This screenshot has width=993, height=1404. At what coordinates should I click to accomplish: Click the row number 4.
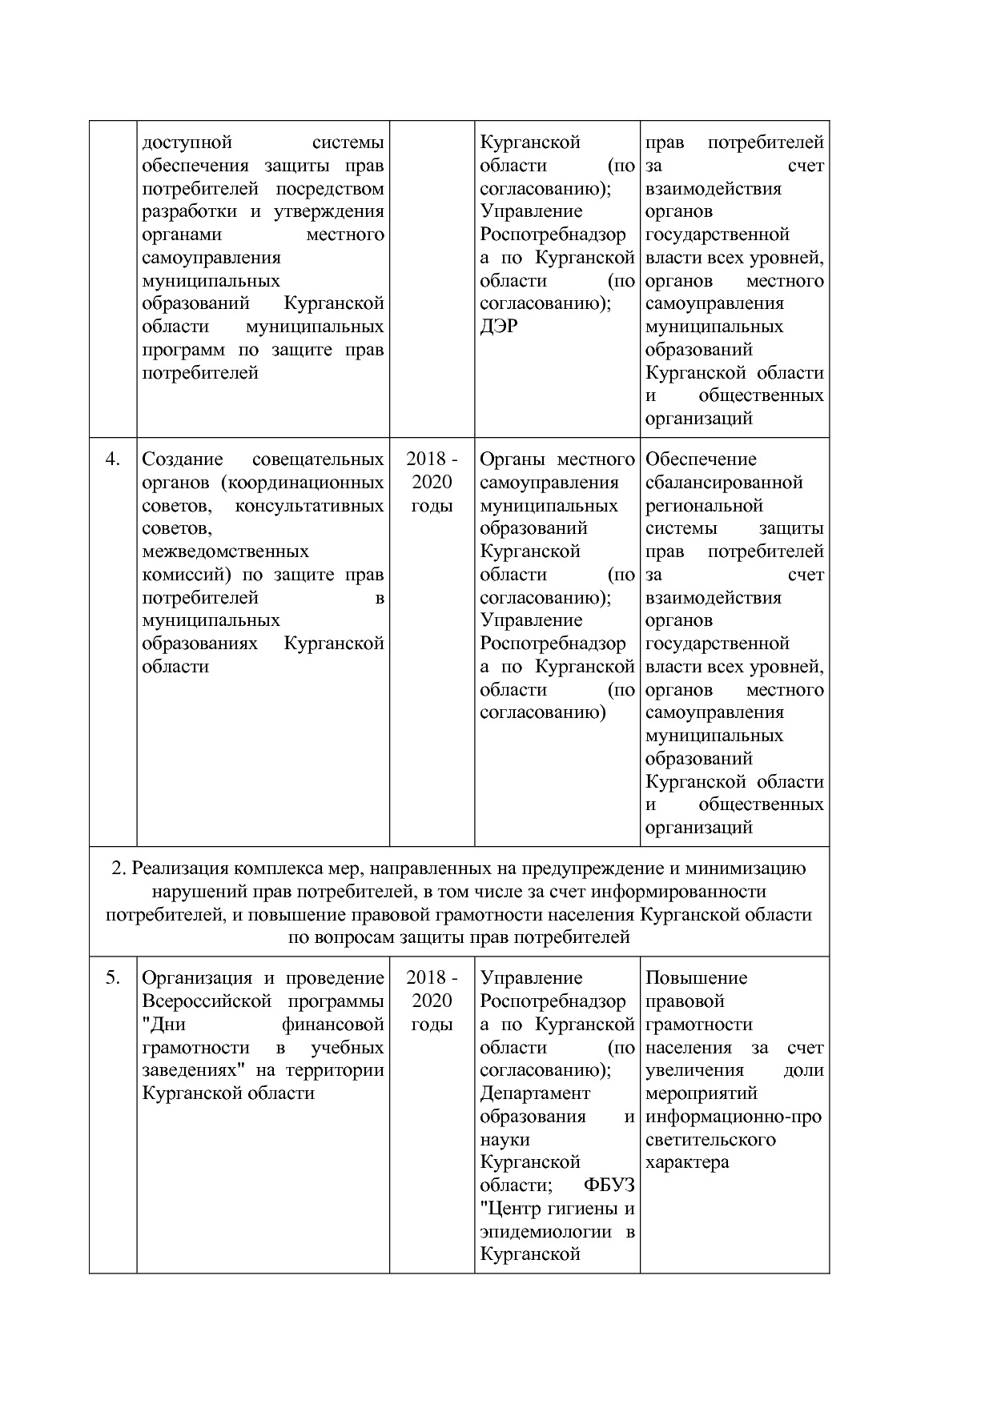pos(112,459)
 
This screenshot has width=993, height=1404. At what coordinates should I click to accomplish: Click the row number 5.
pos(112,978)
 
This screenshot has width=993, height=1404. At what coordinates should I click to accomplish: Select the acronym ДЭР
pos(499,327)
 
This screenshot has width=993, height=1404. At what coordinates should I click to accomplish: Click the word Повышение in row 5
pos(696,978)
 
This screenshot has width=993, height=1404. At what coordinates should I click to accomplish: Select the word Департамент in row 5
pos(535,1093)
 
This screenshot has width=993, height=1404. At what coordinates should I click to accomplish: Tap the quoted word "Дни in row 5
pos(163,1025)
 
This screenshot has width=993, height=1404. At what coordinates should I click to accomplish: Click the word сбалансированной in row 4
pos(724,483)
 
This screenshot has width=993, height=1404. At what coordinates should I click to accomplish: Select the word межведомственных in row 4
pos(225,552)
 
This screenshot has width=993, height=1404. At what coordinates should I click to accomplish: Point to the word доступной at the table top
pos(187,142)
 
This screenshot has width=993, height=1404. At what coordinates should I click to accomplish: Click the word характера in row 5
pos(687,1162)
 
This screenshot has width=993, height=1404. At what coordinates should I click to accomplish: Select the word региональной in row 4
pos(704,506)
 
